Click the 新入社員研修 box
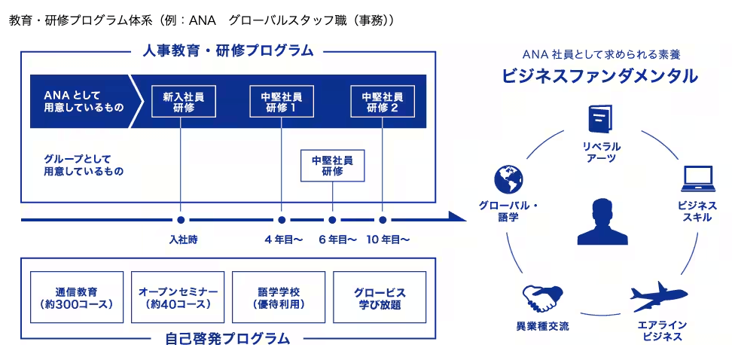tap(184, 102)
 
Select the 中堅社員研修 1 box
tap(282, 102)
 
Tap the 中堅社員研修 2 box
tap(383, 102)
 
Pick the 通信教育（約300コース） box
tap(77, 297)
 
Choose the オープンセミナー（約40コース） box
tap(178, 297)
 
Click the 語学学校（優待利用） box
tap(279, 297)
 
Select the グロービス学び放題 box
tap(380, 297)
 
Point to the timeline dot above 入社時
tap(181, 219)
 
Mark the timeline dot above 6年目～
tap(332, 219)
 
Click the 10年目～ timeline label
tap(388, 240)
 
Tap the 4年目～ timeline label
tap(283, 240)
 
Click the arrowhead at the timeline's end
tap(458, 219)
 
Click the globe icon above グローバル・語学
tap(508, 179)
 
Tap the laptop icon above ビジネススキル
tap(697, 178)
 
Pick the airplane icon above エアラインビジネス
tap(659, 297)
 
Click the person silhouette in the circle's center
tap(602, 221)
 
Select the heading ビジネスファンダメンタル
tap(600, 75)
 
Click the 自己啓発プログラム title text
tap(228, 338)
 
